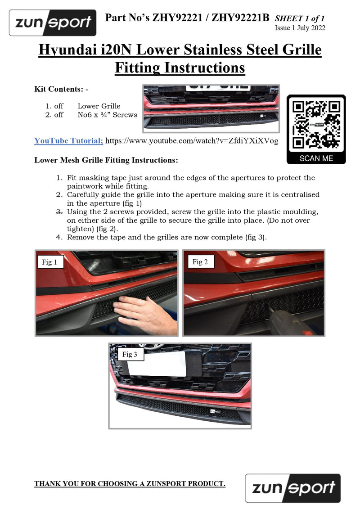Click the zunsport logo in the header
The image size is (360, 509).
[53, 23]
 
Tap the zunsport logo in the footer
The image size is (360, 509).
[293, 488]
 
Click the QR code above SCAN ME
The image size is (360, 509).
[316, 125]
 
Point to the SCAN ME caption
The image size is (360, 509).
[316, 158]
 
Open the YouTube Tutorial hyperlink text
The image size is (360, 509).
[68, 140]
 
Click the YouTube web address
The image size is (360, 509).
[192, 141]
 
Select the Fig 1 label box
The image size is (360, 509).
[49, 262]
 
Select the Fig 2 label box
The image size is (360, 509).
[200, 261]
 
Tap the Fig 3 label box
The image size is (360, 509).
[130, 354]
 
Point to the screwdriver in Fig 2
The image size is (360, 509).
[287, 321]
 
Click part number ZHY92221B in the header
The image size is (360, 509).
[241, 18]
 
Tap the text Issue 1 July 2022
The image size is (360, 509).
[300, 28]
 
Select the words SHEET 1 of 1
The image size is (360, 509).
[300, 18]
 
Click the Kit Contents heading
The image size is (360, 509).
[61, 89]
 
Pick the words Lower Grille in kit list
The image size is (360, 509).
[99, 106]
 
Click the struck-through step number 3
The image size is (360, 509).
[59, 212]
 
